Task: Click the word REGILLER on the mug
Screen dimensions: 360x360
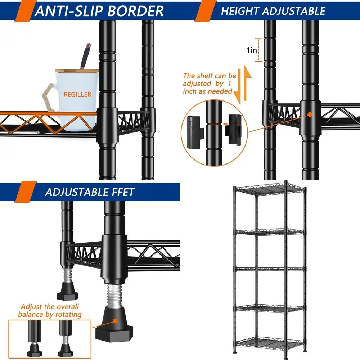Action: point(77,95)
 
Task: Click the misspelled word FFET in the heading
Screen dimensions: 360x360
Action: point(122,192)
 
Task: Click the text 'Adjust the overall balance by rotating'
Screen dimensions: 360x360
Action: point(50,311)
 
